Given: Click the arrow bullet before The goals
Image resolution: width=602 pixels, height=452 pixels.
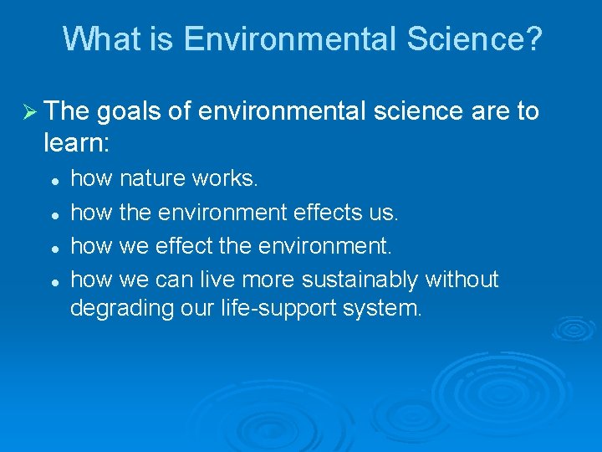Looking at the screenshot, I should pos(27,111).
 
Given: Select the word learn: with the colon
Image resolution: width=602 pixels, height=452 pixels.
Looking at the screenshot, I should pos(76,143).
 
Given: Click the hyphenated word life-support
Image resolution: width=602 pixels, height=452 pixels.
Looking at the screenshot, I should pos(262,309).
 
